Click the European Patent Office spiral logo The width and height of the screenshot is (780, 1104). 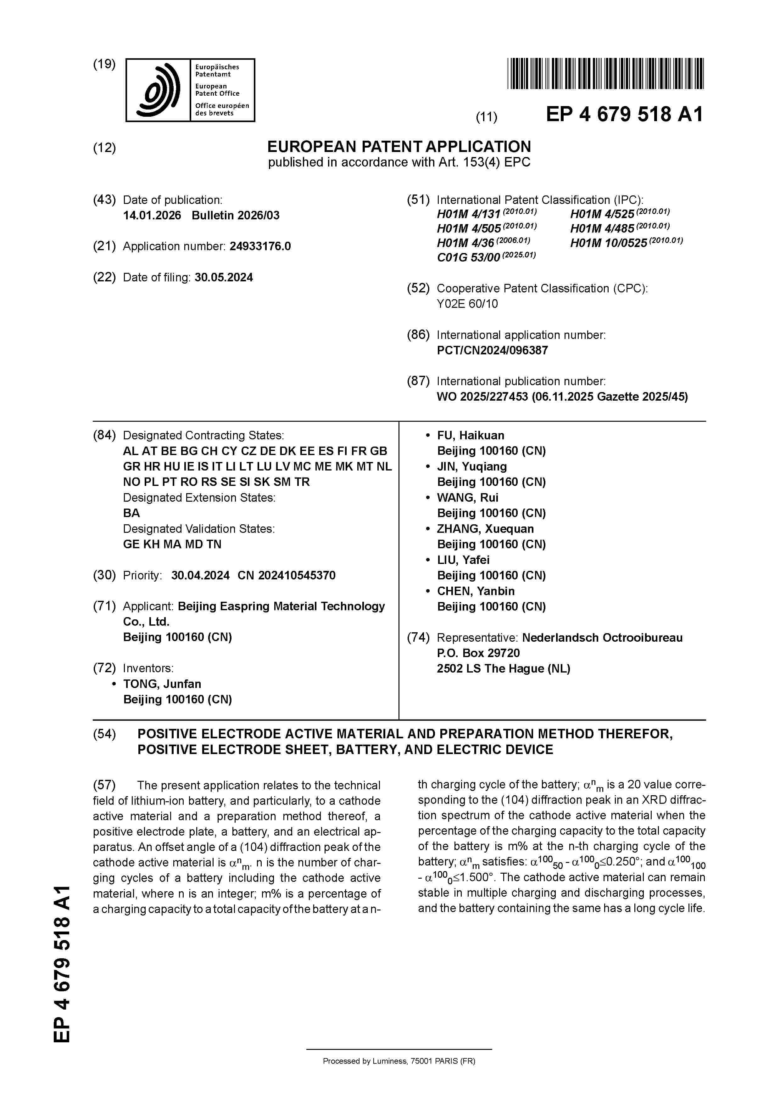point(158,90)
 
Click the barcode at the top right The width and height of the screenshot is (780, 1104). point(605,74)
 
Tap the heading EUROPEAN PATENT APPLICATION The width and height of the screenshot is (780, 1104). point(399,147)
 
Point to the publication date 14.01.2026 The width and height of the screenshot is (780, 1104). point(152,215)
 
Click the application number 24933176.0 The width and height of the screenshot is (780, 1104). point(260,247)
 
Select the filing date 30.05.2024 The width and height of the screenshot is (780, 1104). point(224,278)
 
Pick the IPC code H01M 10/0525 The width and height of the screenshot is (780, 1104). point(608,243)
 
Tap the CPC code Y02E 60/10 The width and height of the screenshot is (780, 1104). point(467,304)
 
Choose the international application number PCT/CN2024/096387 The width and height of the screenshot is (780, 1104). point(492,351)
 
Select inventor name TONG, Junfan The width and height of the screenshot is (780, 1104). point(162,684)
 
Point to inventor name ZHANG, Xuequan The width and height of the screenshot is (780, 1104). point(485,529)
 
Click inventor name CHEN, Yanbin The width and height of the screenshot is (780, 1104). point(475,591)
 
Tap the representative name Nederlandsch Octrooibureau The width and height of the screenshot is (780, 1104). point(602,638)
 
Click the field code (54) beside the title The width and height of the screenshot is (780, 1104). point(104,734)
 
